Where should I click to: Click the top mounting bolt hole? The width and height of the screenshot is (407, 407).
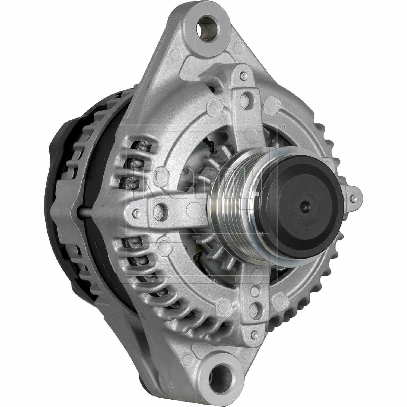point(209,27)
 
